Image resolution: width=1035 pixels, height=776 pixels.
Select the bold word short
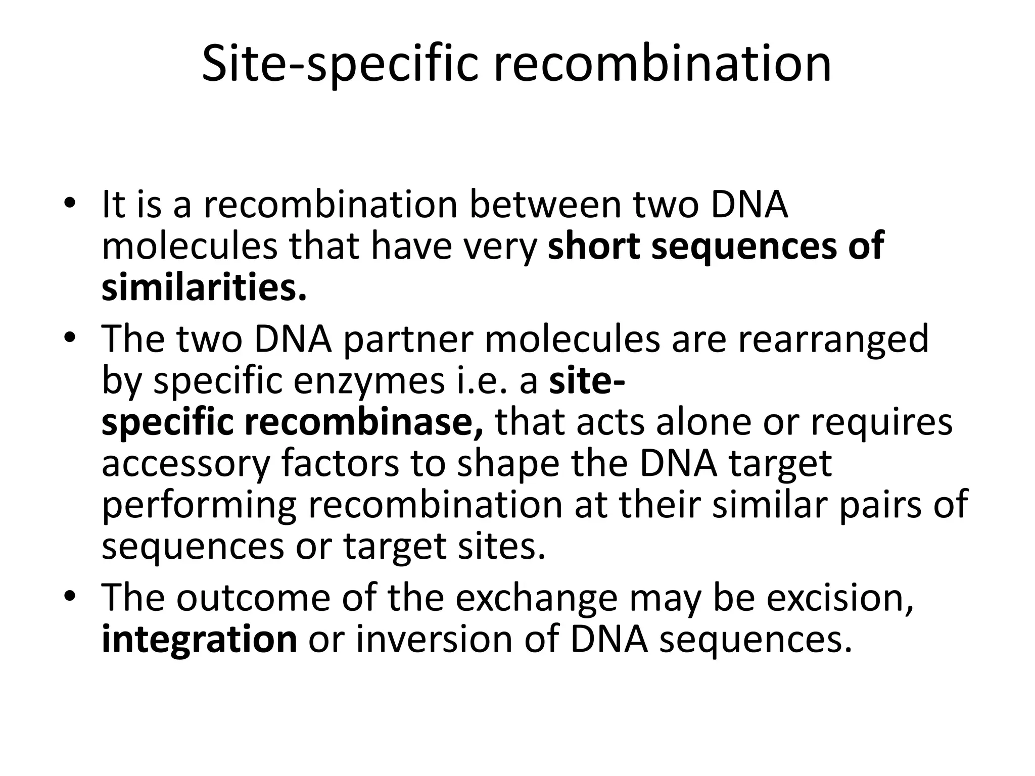[594, 246]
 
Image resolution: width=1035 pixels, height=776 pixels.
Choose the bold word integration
[199, 640]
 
